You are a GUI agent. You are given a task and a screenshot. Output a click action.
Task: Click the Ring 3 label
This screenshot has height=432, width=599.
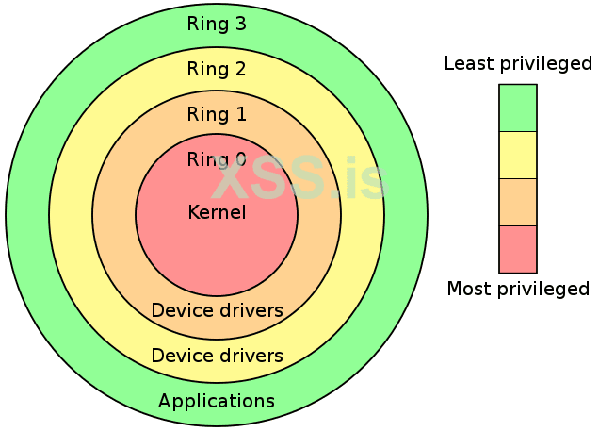217,24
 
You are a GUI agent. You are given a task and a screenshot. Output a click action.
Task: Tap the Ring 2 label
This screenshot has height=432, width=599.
217,69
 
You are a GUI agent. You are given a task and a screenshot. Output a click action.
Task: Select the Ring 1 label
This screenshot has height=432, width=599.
217,115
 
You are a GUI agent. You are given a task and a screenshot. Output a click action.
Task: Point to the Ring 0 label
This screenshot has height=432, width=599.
217,159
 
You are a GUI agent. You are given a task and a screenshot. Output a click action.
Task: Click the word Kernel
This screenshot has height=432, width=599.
217,212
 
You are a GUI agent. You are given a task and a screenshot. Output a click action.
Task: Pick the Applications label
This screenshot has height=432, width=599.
217,401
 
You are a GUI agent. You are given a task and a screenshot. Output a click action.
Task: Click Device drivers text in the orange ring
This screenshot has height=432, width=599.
217,310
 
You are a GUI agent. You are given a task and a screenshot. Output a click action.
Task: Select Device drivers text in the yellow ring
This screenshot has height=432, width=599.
217,356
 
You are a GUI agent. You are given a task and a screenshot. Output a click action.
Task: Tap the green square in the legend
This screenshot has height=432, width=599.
517,108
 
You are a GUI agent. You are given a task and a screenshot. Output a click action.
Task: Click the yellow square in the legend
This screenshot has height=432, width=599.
517,155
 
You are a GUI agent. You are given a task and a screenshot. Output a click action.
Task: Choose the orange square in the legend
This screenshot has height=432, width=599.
517,202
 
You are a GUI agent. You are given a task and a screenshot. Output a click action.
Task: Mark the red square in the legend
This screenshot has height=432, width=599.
517,249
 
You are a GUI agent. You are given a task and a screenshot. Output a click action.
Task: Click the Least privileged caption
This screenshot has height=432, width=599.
518,64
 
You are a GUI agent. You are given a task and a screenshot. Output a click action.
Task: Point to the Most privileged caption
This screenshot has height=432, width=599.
518,289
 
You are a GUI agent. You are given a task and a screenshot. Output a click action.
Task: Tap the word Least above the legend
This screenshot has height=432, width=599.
467,64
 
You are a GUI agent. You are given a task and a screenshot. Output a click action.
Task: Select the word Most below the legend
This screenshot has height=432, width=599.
468,289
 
